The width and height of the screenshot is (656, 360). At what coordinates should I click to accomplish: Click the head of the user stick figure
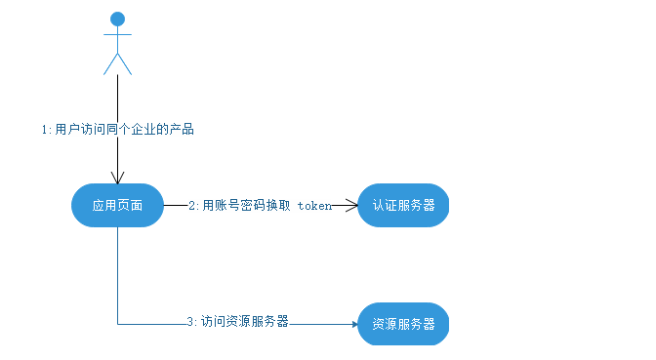(x=118, y=19)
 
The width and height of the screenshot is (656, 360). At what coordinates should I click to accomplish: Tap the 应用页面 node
(x=117, y=206)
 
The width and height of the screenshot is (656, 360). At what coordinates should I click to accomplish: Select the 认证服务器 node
(x=403, y=206)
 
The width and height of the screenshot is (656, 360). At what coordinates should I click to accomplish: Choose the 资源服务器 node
(x=403, y=323)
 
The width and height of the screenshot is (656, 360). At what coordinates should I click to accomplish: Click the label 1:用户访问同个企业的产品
(x=117, y=130)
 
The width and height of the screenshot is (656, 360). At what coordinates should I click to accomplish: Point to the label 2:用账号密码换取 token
(x=261, y=206)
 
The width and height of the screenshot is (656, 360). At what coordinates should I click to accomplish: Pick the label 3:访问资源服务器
(x=237, y=322)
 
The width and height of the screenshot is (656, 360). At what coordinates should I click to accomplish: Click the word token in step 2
(x=314, y=206)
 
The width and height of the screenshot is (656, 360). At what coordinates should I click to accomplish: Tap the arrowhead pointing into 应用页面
(x=118, y=179)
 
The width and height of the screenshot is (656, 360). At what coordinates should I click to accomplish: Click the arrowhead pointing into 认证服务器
(x=351, y=206)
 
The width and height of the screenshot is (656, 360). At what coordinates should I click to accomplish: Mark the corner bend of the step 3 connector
(x=118, y=323)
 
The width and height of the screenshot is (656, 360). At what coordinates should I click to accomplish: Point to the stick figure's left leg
(x=110, y=64)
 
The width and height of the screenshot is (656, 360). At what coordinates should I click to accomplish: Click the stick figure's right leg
(x=126, y=64)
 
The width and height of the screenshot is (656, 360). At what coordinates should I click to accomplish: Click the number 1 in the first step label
(x=45, y=130)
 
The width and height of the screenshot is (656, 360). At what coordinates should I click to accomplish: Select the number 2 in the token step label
(x=192, y=206)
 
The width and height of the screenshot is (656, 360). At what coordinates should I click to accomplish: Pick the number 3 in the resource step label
(x=190, y=322)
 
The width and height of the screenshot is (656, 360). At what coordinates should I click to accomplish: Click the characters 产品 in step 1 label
(x=182, y=130)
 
